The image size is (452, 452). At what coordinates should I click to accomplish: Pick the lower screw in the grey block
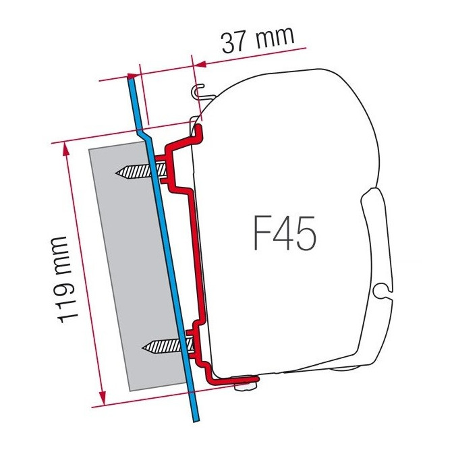coord(166,347)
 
